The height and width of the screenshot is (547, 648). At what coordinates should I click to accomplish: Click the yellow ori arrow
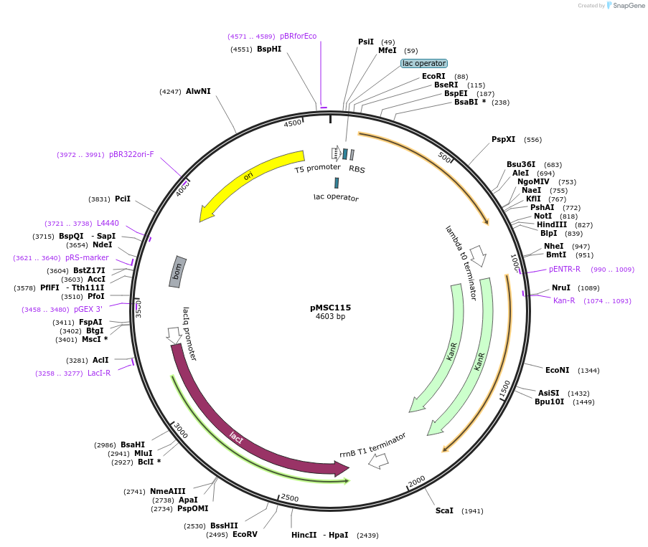[x=248, y=176]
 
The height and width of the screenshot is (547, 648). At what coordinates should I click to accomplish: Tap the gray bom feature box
[x=178, y=272]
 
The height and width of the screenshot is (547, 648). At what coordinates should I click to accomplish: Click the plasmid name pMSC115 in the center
[x=330, y=308]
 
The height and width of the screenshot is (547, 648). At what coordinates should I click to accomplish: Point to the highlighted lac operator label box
[x=423, y=63]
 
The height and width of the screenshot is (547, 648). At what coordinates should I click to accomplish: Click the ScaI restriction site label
[x=444, y=511]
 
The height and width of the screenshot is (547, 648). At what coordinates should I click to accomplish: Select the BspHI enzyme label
[x=269, y=49]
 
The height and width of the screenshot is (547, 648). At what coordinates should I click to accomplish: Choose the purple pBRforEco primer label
[x=298, y=36]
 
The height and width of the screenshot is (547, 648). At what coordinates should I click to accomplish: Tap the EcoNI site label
[x=557, y=371]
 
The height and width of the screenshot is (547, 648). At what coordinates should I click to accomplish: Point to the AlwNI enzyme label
[x=198, y=92]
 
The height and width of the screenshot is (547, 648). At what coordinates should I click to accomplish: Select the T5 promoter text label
[x=317, y=168]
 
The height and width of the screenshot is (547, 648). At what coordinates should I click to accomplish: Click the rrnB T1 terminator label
[x=372, y=445]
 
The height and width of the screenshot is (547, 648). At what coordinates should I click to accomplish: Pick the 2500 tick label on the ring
[x=290, y=498]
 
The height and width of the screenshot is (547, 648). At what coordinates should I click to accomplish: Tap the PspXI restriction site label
[x=503, y=140]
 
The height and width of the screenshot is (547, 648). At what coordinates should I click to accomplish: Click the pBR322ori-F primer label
[x=131, y=154]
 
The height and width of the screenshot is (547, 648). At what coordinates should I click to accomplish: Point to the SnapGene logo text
[x=625, y=6]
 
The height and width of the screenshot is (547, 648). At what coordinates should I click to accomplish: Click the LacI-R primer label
[x=99, y=373]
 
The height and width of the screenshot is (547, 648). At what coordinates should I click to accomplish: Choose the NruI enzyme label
[x=561, y=288]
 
